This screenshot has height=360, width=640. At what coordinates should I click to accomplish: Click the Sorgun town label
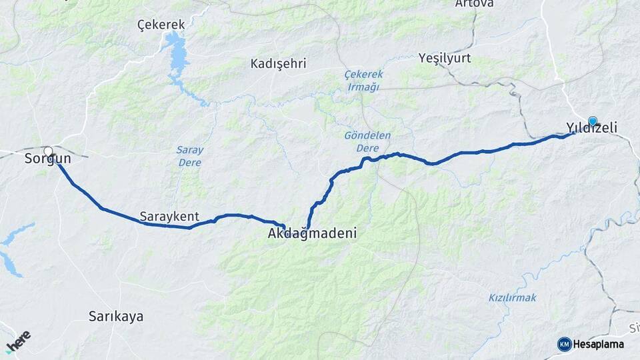click(x=47, y=159)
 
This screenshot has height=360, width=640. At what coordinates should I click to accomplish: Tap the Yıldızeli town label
click(x=591, y=127)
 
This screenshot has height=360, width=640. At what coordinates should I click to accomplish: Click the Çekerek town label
click(x=161, y=25)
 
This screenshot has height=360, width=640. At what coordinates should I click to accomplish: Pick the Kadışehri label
click(x=278, y=64)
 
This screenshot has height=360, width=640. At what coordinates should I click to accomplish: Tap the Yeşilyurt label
click(x=444, y=58)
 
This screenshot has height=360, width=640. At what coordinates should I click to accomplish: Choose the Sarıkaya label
click(x=116, y=317)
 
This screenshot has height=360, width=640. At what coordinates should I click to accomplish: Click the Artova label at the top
click(x=474, y=4)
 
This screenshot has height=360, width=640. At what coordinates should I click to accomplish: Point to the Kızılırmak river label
click(x=512, y=297)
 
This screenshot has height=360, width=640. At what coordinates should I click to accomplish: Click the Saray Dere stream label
click(x=189, y=155)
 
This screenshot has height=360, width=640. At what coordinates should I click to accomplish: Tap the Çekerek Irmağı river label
click(x=362, y=80)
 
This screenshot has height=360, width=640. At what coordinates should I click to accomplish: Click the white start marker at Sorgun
click(x=48, y=151)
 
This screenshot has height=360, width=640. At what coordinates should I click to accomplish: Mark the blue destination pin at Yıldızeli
click(x=592, y=121)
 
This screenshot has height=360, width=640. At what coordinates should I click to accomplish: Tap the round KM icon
click(x=564, y=344)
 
